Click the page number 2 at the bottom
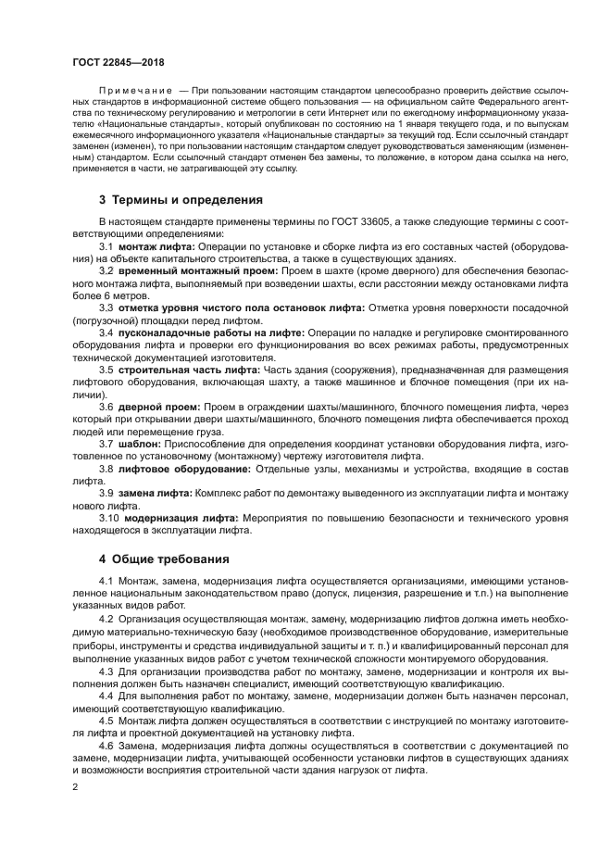click(76, 786)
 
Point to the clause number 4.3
click(106, 671)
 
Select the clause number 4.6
click(106, 745)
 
